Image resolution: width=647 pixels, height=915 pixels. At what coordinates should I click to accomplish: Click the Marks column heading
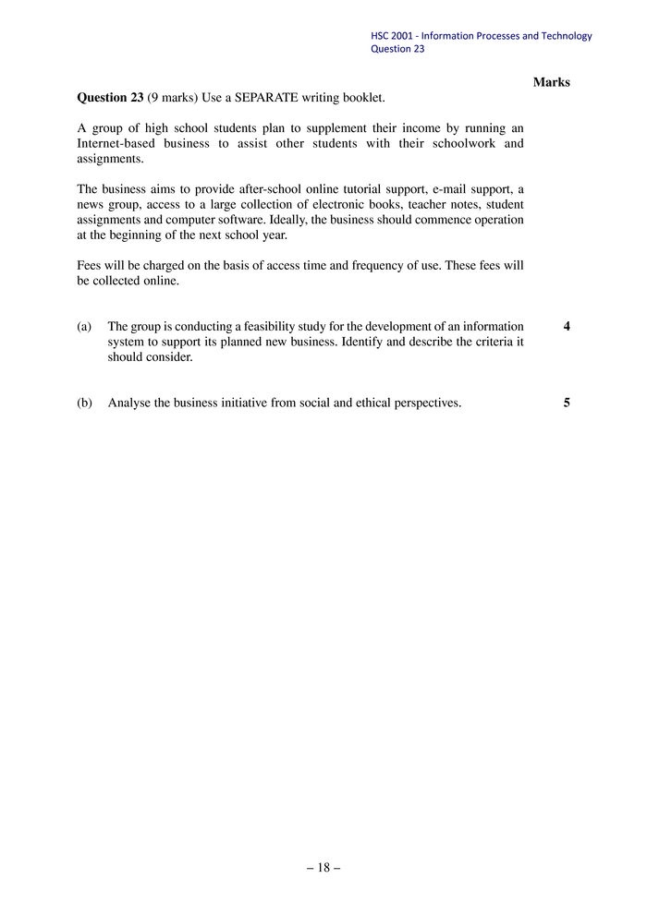pos(552,82)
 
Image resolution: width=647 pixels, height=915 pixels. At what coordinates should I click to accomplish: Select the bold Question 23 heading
pos(110,97)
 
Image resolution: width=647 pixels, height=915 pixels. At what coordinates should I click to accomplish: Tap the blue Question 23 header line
pos(397,49)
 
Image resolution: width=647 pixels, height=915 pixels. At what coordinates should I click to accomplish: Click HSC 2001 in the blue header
pos(392,36)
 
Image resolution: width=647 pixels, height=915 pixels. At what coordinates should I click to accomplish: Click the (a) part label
pos(85,326)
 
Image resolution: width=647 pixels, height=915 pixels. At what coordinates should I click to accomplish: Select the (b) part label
pos(85,403)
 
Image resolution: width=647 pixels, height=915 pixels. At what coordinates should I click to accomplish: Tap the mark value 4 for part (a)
pos(566,326)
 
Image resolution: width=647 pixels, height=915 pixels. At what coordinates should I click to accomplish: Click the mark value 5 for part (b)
pos(566,403)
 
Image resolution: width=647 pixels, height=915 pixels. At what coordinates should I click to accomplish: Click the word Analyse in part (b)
pos(130,403)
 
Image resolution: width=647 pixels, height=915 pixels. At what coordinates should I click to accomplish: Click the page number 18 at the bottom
pos(323,867)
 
